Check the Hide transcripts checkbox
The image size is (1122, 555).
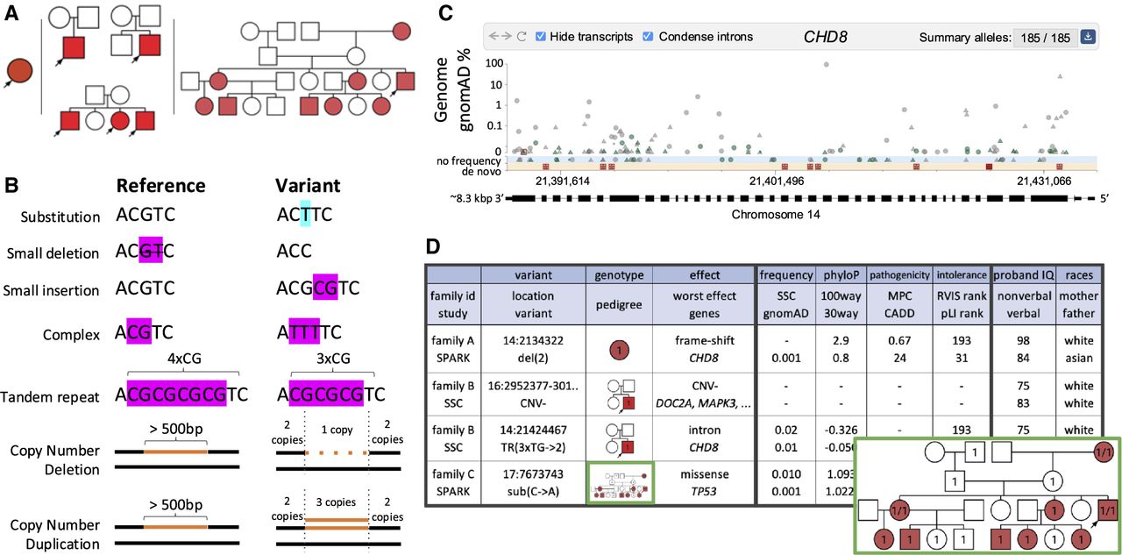(541, 37)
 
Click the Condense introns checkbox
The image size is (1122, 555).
(649, 37)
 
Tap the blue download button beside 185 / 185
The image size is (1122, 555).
(1088, 37)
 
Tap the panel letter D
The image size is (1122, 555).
(433, 247)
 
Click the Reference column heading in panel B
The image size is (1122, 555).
(160, 186)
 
